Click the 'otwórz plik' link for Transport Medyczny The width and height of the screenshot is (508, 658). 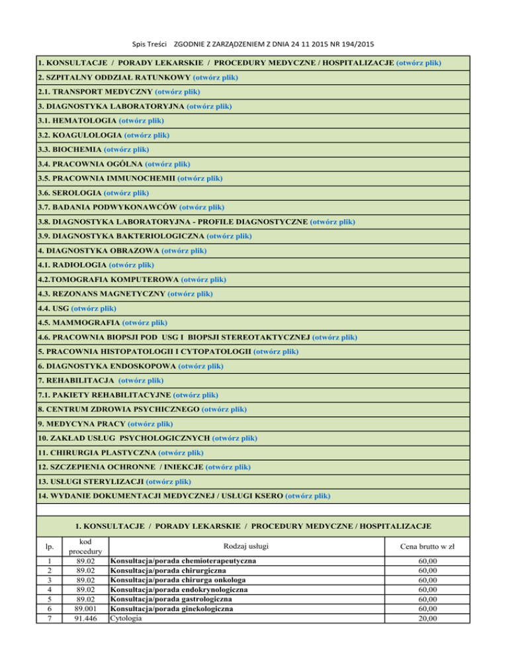coord(177,91)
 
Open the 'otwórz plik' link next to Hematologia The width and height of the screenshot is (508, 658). coord(142,120)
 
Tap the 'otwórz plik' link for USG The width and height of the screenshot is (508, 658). coord(94,308)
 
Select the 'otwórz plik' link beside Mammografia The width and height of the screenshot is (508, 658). coord(145,322)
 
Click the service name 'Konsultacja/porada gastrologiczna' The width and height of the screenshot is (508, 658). coord(175,599)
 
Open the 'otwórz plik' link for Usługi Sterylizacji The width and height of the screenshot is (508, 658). coord(168,481)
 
